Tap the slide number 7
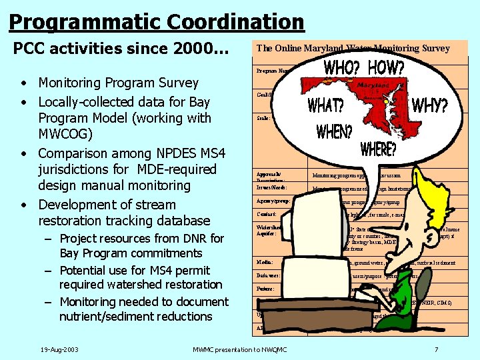(436, 349)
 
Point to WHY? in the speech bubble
(429, 106)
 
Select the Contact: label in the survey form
(267, 214)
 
